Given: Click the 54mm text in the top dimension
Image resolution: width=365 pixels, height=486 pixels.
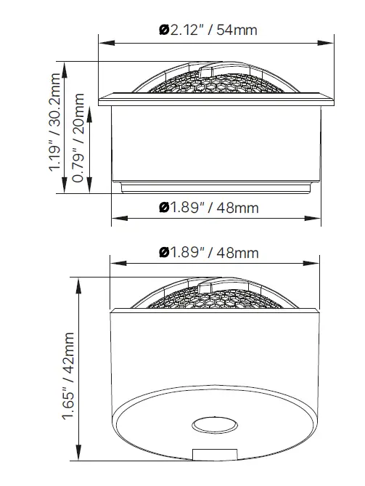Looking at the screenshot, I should [x=237, y=31].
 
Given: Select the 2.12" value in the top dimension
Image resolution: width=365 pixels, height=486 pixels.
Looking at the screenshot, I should [x=186, y=31].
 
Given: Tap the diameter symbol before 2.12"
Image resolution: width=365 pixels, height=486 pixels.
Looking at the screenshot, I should [x=164, y=31].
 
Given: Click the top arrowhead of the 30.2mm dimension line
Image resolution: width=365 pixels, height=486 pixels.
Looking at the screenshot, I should [x=66, y=65].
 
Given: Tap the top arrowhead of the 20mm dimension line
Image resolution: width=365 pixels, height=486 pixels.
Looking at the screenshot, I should [x=90, y=109].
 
